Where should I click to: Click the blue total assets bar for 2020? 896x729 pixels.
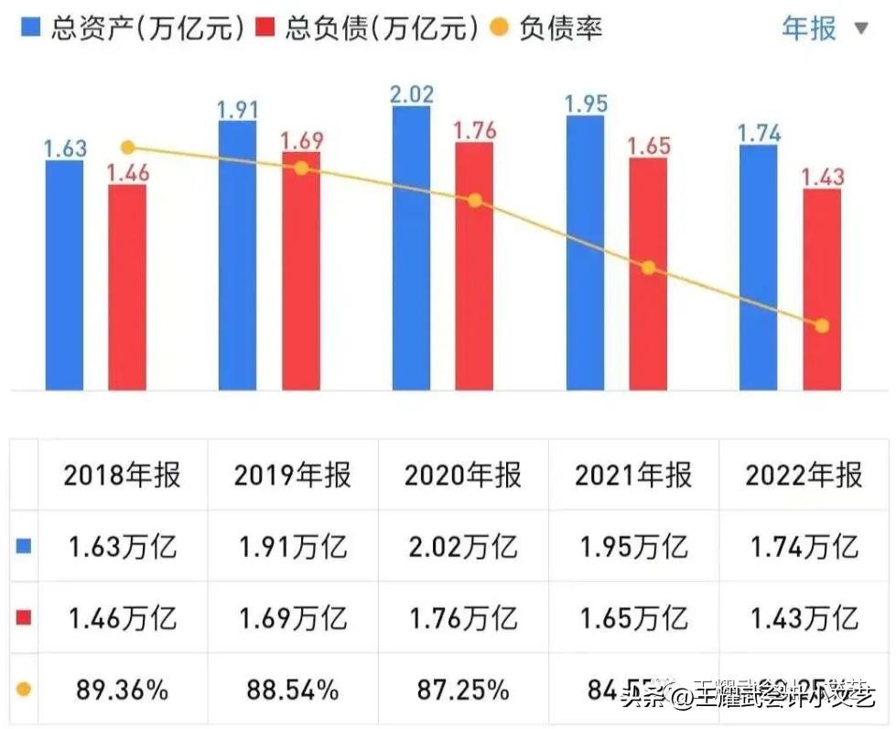pos(411,247)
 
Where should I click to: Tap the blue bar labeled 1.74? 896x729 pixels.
pos(758,266)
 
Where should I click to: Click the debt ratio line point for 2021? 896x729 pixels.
pos(648,267)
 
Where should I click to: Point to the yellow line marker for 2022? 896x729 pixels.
pos(821,325)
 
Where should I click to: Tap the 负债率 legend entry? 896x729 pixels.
pos(549,28)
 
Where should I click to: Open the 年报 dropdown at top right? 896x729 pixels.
pos(824,28)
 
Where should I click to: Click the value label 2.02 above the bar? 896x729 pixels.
pos(411,93)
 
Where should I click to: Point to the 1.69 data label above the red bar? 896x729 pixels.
pos(301,140)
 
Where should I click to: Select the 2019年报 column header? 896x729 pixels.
pos(292,475)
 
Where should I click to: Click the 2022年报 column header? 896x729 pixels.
pos(804,475)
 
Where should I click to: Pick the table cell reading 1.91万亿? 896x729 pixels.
pos(292,547)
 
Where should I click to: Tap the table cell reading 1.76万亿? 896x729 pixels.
pos(462,618)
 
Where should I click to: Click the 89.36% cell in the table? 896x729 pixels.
pos(122,689)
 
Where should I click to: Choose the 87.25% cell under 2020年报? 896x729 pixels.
pos(462,689)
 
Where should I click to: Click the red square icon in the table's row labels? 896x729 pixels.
pos(24,618)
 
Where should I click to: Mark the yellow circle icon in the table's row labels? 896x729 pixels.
pos(24,689)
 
